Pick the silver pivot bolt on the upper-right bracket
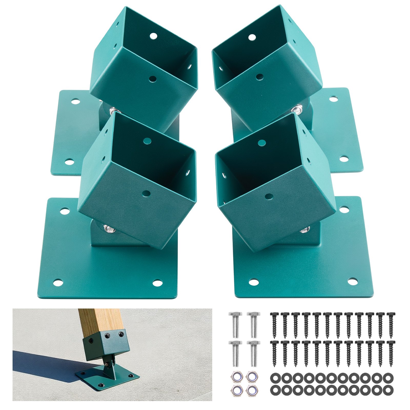(297, 109)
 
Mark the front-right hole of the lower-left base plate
(157, 283)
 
